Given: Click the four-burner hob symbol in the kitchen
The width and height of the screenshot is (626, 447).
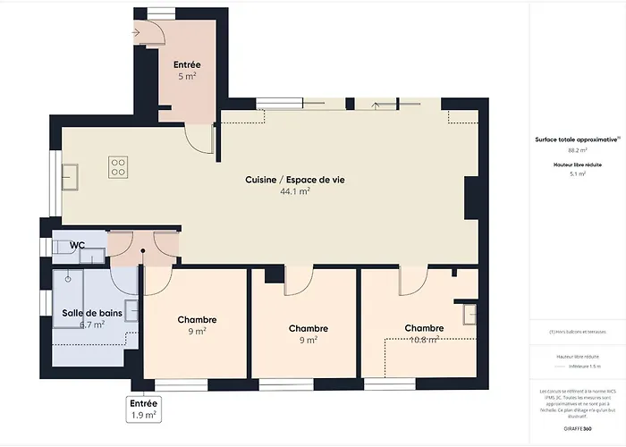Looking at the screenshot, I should click(118, 165).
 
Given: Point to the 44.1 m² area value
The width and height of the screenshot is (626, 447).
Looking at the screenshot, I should click(295, 191).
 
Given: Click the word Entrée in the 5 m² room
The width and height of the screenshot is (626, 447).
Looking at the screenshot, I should click(187, 64).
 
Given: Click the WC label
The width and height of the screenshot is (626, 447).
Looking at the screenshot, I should click(78, 244).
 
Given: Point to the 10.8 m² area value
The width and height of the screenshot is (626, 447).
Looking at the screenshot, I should click(424, 340).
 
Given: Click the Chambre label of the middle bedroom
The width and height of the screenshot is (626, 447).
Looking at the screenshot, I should click(308, 328).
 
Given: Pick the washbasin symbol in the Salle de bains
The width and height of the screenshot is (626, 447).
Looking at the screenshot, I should click(131, 310).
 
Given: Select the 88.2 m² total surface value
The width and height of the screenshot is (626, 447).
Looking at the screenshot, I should click(579, 151).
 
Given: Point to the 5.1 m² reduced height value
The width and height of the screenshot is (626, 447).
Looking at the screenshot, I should click(579, 174).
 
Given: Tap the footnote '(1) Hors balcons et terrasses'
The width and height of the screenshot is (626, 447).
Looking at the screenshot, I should click(579, 332).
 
